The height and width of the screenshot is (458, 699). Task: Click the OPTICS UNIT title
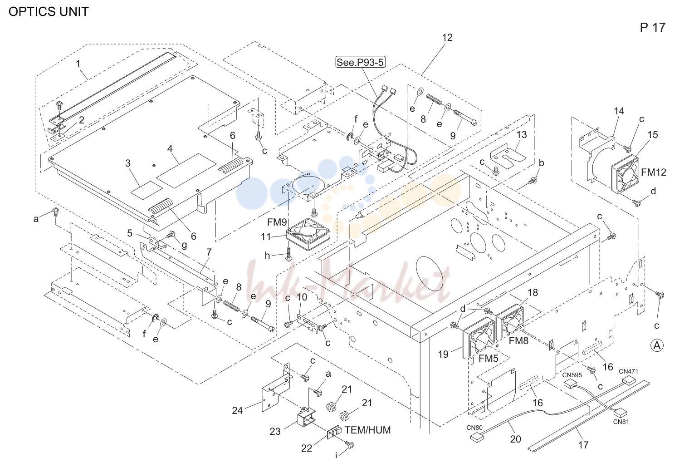click(x=49, y=11)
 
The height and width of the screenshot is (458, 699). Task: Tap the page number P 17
click(x=652, y=28)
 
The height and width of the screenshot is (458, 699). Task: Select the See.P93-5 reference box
click(x=360, y=62)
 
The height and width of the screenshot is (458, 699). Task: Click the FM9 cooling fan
click(x=308, y=234)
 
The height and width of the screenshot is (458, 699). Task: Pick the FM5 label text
click(x=489, y=359)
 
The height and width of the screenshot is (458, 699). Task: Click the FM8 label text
click(x=518, y=340)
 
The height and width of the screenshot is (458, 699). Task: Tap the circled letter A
click(x=657, y=345)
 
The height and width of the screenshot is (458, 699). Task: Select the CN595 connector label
click(x=572, y=375)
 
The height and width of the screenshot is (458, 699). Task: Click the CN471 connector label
click(x=629, y=371)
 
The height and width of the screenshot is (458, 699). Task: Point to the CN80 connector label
click(x=474, y=428)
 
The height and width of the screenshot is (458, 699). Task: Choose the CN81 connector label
click(x=621, y=422)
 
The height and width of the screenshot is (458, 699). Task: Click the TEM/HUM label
click(x=367, y=430)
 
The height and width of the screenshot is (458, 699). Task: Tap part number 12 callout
click(x=447, y=38)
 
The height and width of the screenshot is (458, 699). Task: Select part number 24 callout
click(x=237, y=410)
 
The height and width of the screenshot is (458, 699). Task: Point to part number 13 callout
click(x=522, y=134)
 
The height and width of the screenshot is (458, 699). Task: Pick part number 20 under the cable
click(x=515, y=439)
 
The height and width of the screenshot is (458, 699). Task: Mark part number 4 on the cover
click(x=170, y=148)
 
